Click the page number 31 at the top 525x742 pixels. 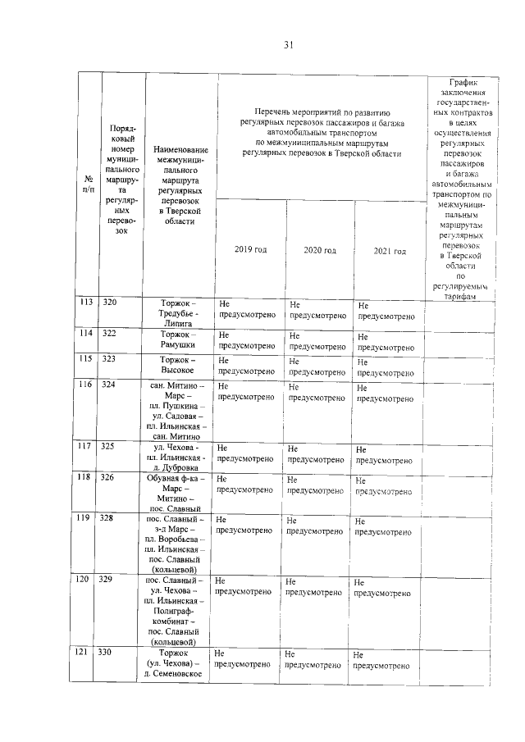[289, 45]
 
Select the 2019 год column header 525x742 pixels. [250, 249]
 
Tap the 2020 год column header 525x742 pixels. [319, 250]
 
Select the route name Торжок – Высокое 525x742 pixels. [180, 365]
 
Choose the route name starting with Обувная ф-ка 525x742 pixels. [180, 493]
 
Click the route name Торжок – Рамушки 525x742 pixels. [180, 339]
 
